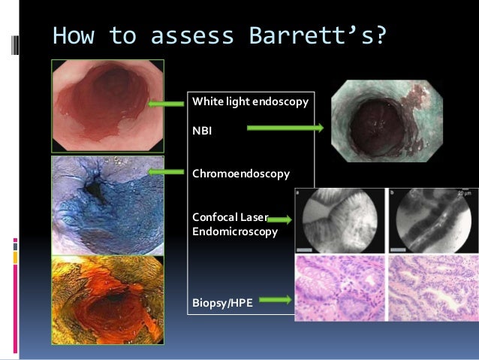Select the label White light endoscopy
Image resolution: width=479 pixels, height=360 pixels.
tap(250, 101)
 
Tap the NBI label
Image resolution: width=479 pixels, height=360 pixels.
tap(203, 129)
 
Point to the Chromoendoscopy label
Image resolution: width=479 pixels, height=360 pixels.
tap(240, 174)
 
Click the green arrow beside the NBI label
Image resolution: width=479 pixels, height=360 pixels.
tap(285, 129)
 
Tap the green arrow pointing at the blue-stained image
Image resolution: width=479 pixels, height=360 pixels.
tap(167, 171)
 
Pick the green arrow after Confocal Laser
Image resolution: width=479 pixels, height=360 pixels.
tap(279, 219)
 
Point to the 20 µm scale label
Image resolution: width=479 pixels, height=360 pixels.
tap(463, 193)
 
